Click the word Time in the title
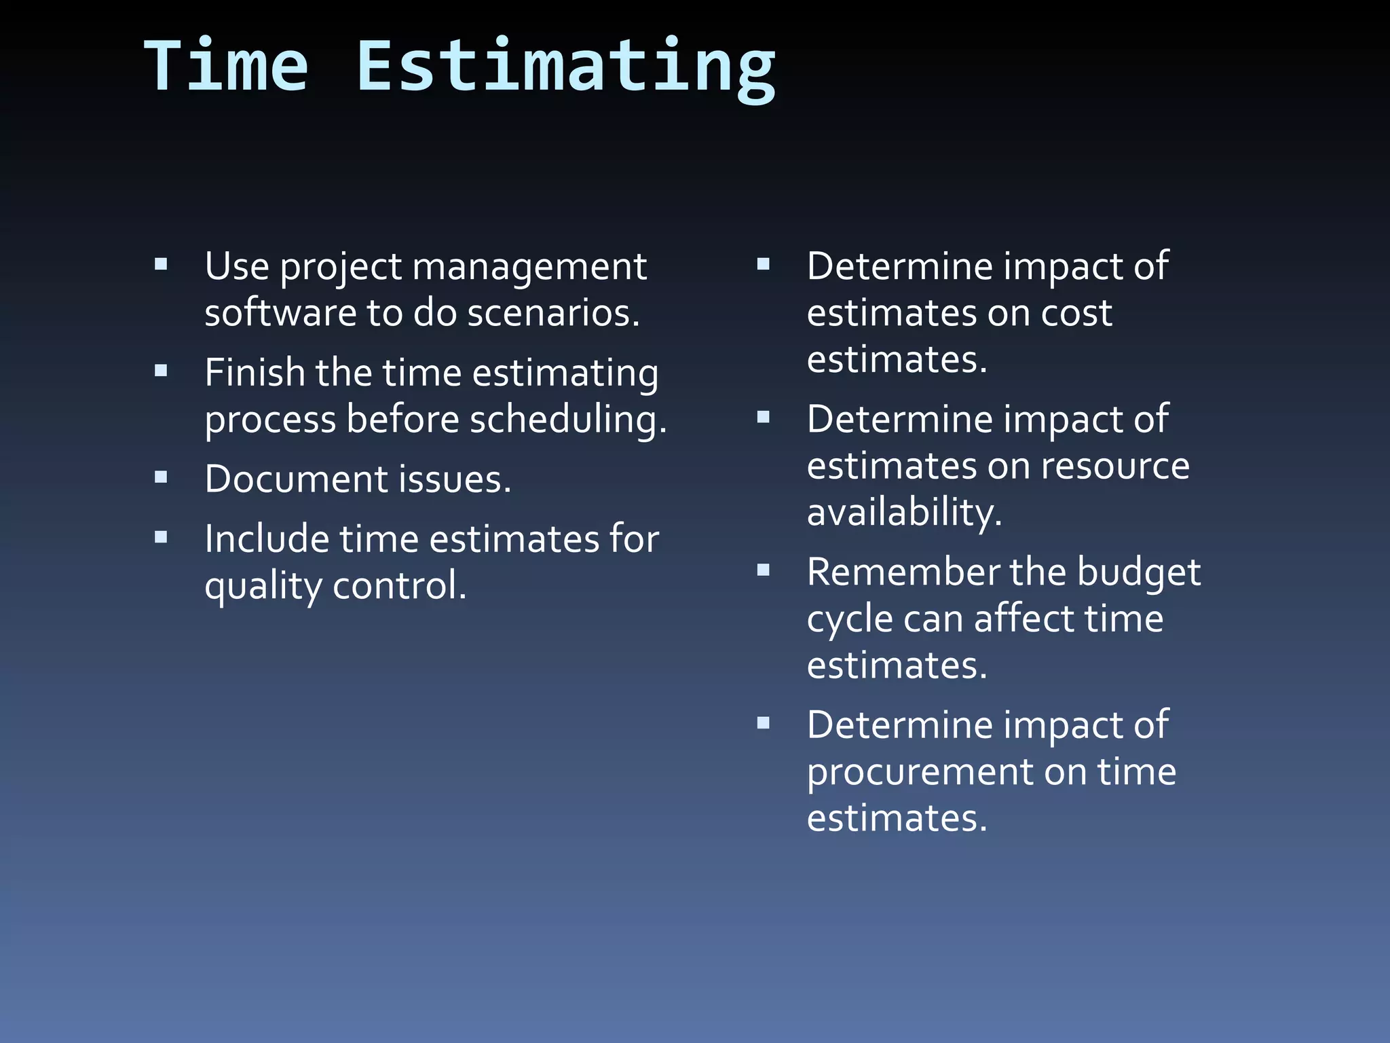(x=227, y=66)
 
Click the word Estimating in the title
(x=565, y=68)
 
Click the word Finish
(x=255, y=372)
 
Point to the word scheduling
(x=568, y=420)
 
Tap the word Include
(x=267, y=538)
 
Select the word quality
(x=263, y=586)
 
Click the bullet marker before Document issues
(x=161, y=477)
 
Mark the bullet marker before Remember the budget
(x=764, y=570)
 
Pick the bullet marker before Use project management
(x=161, y=264)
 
